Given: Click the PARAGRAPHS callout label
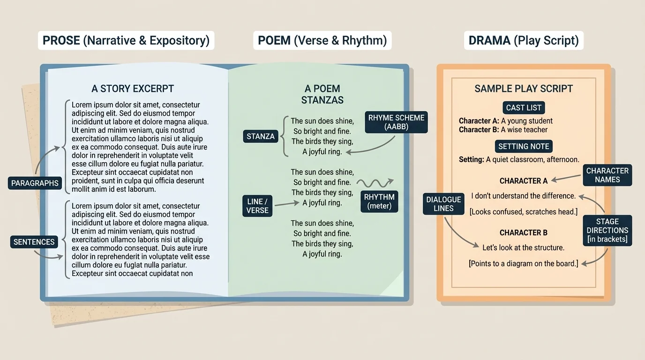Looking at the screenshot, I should pos(35,183).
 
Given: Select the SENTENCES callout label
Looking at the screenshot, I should pos(34,242).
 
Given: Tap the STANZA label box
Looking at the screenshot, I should pos(260,136).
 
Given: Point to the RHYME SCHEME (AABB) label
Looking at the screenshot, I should pos(396,122).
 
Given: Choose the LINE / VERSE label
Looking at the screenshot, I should pos(257,206).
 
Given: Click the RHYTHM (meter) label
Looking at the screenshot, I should pos(379,202).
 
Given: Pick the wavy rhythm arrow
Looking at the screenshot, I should pos(375,182).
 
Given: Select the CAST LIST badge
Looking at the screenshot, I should pos(524,108).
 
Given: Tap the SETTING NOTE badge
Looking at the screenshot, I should pos(524,146).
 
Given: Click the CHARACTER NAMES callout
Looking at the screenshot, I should pos(607,175).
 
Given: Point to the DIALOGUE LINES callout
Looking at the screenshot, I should pos(443,204).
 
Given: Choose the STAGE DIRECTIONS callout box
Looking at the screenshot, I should pos(607,231).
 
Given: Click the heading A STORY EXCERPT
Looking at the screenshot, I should pos(133,89).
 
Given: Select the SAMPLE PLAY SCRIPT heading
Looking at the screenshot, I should pos(524,89).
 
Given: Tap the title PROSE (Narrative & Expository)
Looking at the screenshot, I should pos(126,40).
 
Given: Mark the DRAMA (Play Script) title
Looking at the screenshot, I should pos(524,40).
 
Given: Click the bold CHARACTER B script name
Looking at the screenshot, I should pos(524,232).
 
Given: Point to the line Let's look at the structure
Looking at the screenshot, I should pos(524,247).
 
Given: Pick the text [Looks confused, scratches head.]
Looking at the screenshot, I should pos(524,212).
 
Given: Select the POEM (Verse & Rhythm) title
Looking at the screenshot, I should pos(322,40).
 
